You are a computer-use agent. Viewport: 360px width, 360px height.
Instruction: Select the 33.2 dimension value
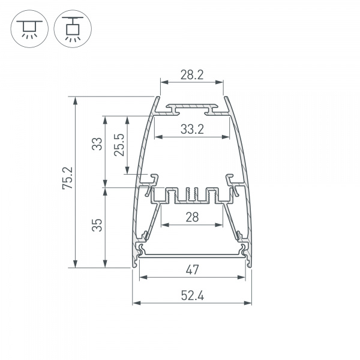(192, 128)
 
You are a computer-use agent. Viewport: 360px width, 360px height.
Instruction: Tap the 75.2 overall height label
(67, 179)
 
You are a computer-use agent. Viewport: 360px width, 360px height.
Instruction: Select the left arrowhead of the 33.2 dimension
(158, 137)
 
